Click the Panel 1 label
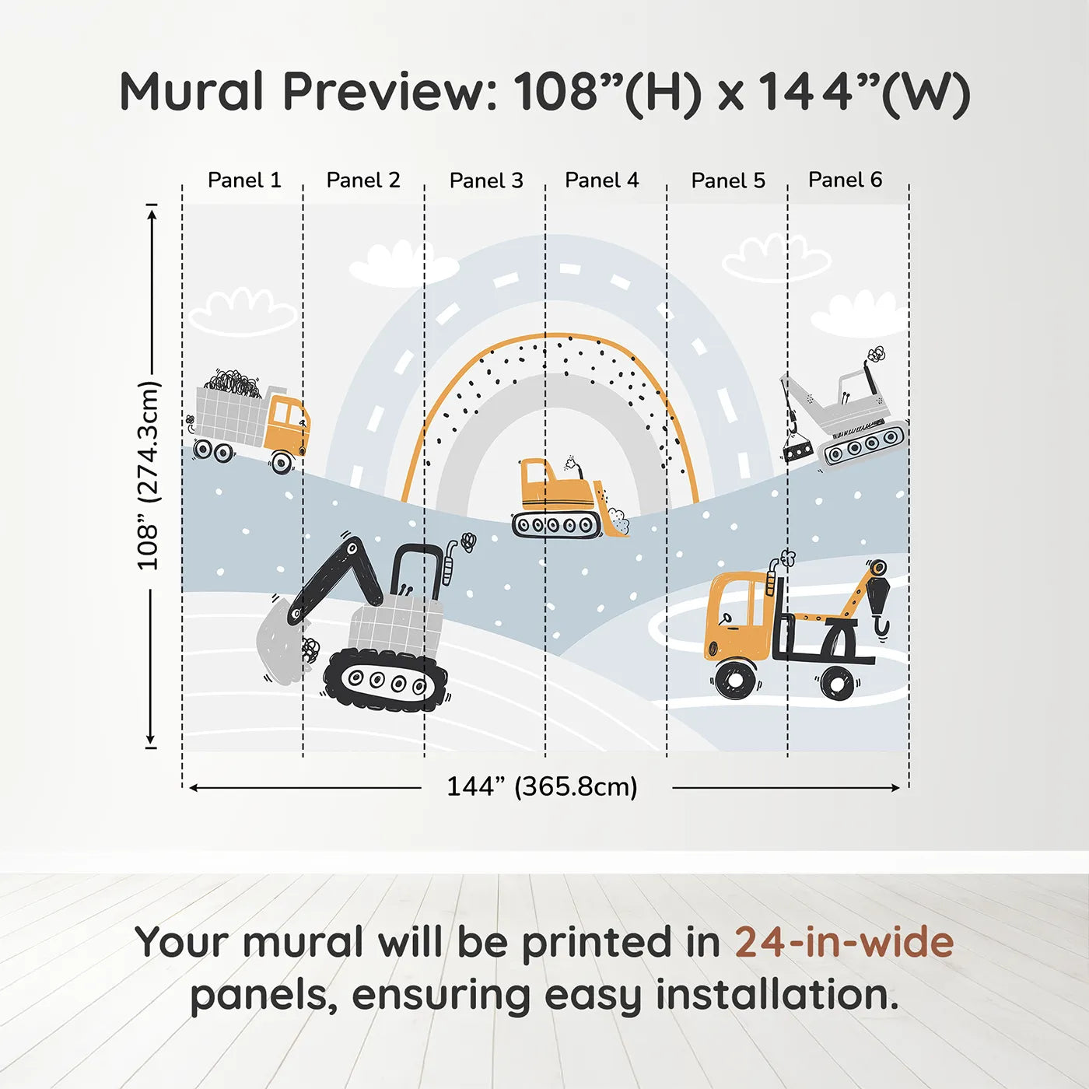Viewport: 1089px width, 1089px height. click(244, 180)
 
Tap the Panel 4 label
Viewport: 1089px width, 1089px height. click(602, 180)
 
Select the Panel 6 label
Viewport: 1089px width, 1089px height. click(845, 180)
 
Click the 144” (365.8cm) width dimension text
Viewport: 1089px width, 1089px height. click(542, 786)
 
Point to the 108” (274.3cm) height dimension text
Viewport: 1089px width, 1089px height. click(149, 475)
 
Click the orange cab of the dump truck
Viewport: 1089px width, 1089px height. click(287, 422)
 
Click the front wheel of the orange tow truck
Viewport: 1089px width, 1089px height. click(734, 680)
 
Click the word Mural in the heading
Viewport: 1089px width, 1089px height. click(191, 91)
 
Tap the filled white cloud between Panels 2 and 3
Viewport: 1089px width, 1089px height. click(404, 264)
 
